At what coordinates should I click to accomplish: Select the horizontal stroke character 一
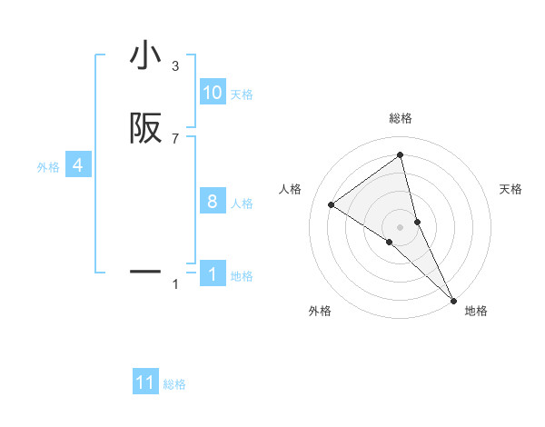tap(145, 272)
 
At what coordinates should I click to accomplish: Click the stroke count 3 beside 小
tap(175, 66)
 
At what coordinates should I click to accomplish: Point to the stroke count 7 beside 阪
tap(175, 139)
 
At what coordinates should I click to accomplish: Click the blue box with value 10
tap(213, 93)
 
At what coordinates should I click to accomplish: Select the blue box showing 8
tap(213, 202)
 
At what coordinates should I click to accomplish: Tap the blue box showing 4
tap(78, 165)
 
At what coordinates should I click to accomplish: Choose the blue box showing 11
tap(145, 382)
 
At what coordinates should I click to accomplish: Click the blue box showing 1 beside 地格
tap(213, 274)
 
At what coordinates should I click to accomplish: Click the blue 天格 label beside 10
tap(242, 94)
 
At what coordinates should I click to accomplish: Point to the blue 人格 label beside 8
tap(242, 204)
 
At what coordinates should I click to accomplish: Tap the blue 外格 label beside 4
tap(47, 167)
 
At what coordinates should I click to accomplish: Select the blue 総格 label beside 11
tap(174, 384)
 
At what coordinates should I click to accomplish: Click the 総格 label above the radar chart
tap(401, 118)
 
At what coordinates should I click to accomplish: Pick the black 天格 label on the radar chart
tap(510, 189)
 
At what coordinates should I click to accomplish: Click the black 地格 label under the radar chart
tap(476, 311)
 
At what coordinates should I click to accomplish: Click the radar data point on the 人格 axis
tap(332, 204)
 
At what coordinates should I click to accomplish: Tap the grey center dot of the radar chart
tap(401, 226)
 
